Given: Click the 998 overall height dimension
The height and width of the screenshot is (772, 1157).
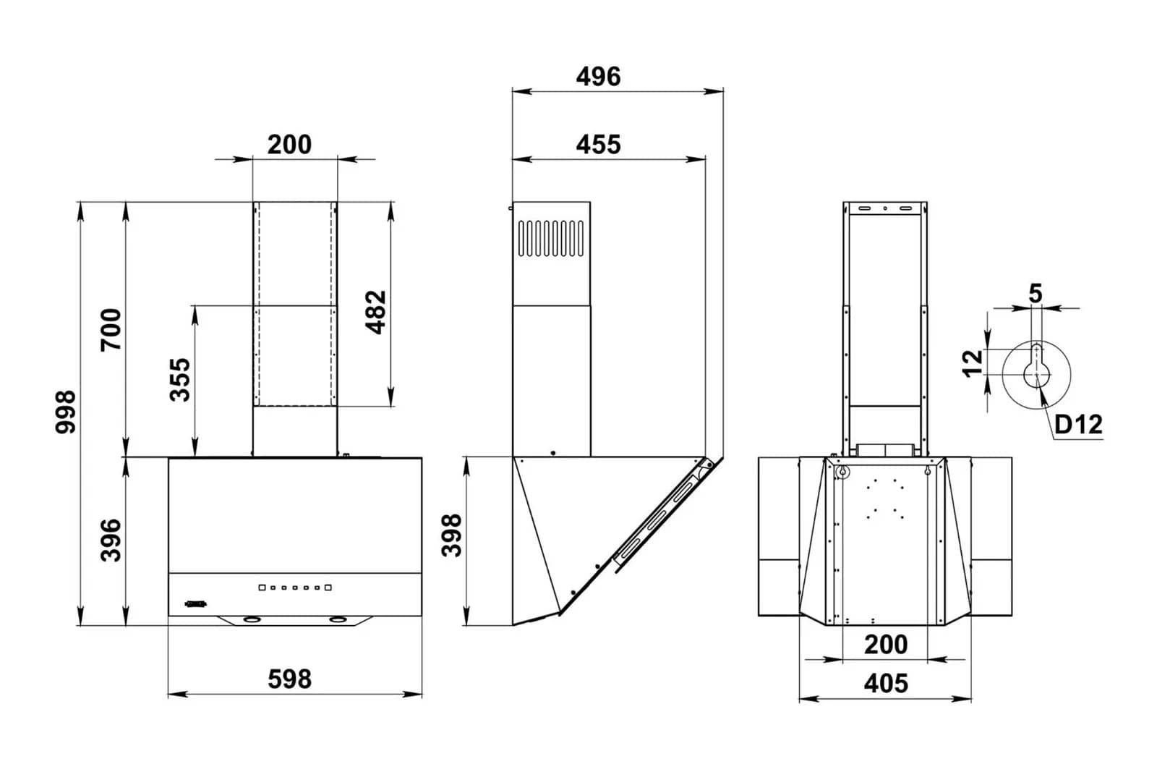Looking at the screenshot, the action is click(x=66, y=412).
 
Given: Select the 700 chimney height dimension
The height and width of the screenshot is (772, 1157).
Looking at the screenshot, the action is click(x=111, y=330).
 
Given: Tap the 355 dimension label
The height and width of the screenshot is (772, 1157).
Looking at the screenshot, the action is click(x=180, y=380).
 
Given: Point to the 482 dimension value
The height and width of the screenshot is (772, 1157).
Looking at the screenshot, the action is click(x=375, y=312).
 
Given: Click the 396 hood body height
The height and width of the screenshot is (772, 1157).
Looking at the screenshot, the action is click(x=111, y=540).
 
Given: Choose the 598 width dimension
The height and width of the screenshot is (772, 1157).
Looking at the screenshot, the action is click(x=290, y=679).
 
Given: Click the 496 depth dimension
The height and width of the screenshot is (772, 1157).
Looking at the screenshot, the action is click(x=598, y=77).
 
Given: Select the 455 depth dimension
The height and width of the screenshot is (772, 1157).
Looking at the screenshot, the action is click(x=598, y=144).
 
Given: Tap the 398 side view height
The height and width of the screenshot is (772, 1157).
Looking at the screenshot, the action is click(x=451, y=535).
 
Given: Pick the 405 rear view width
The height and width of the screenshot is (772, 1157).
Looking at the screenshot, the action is click(x=886, y=683).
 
